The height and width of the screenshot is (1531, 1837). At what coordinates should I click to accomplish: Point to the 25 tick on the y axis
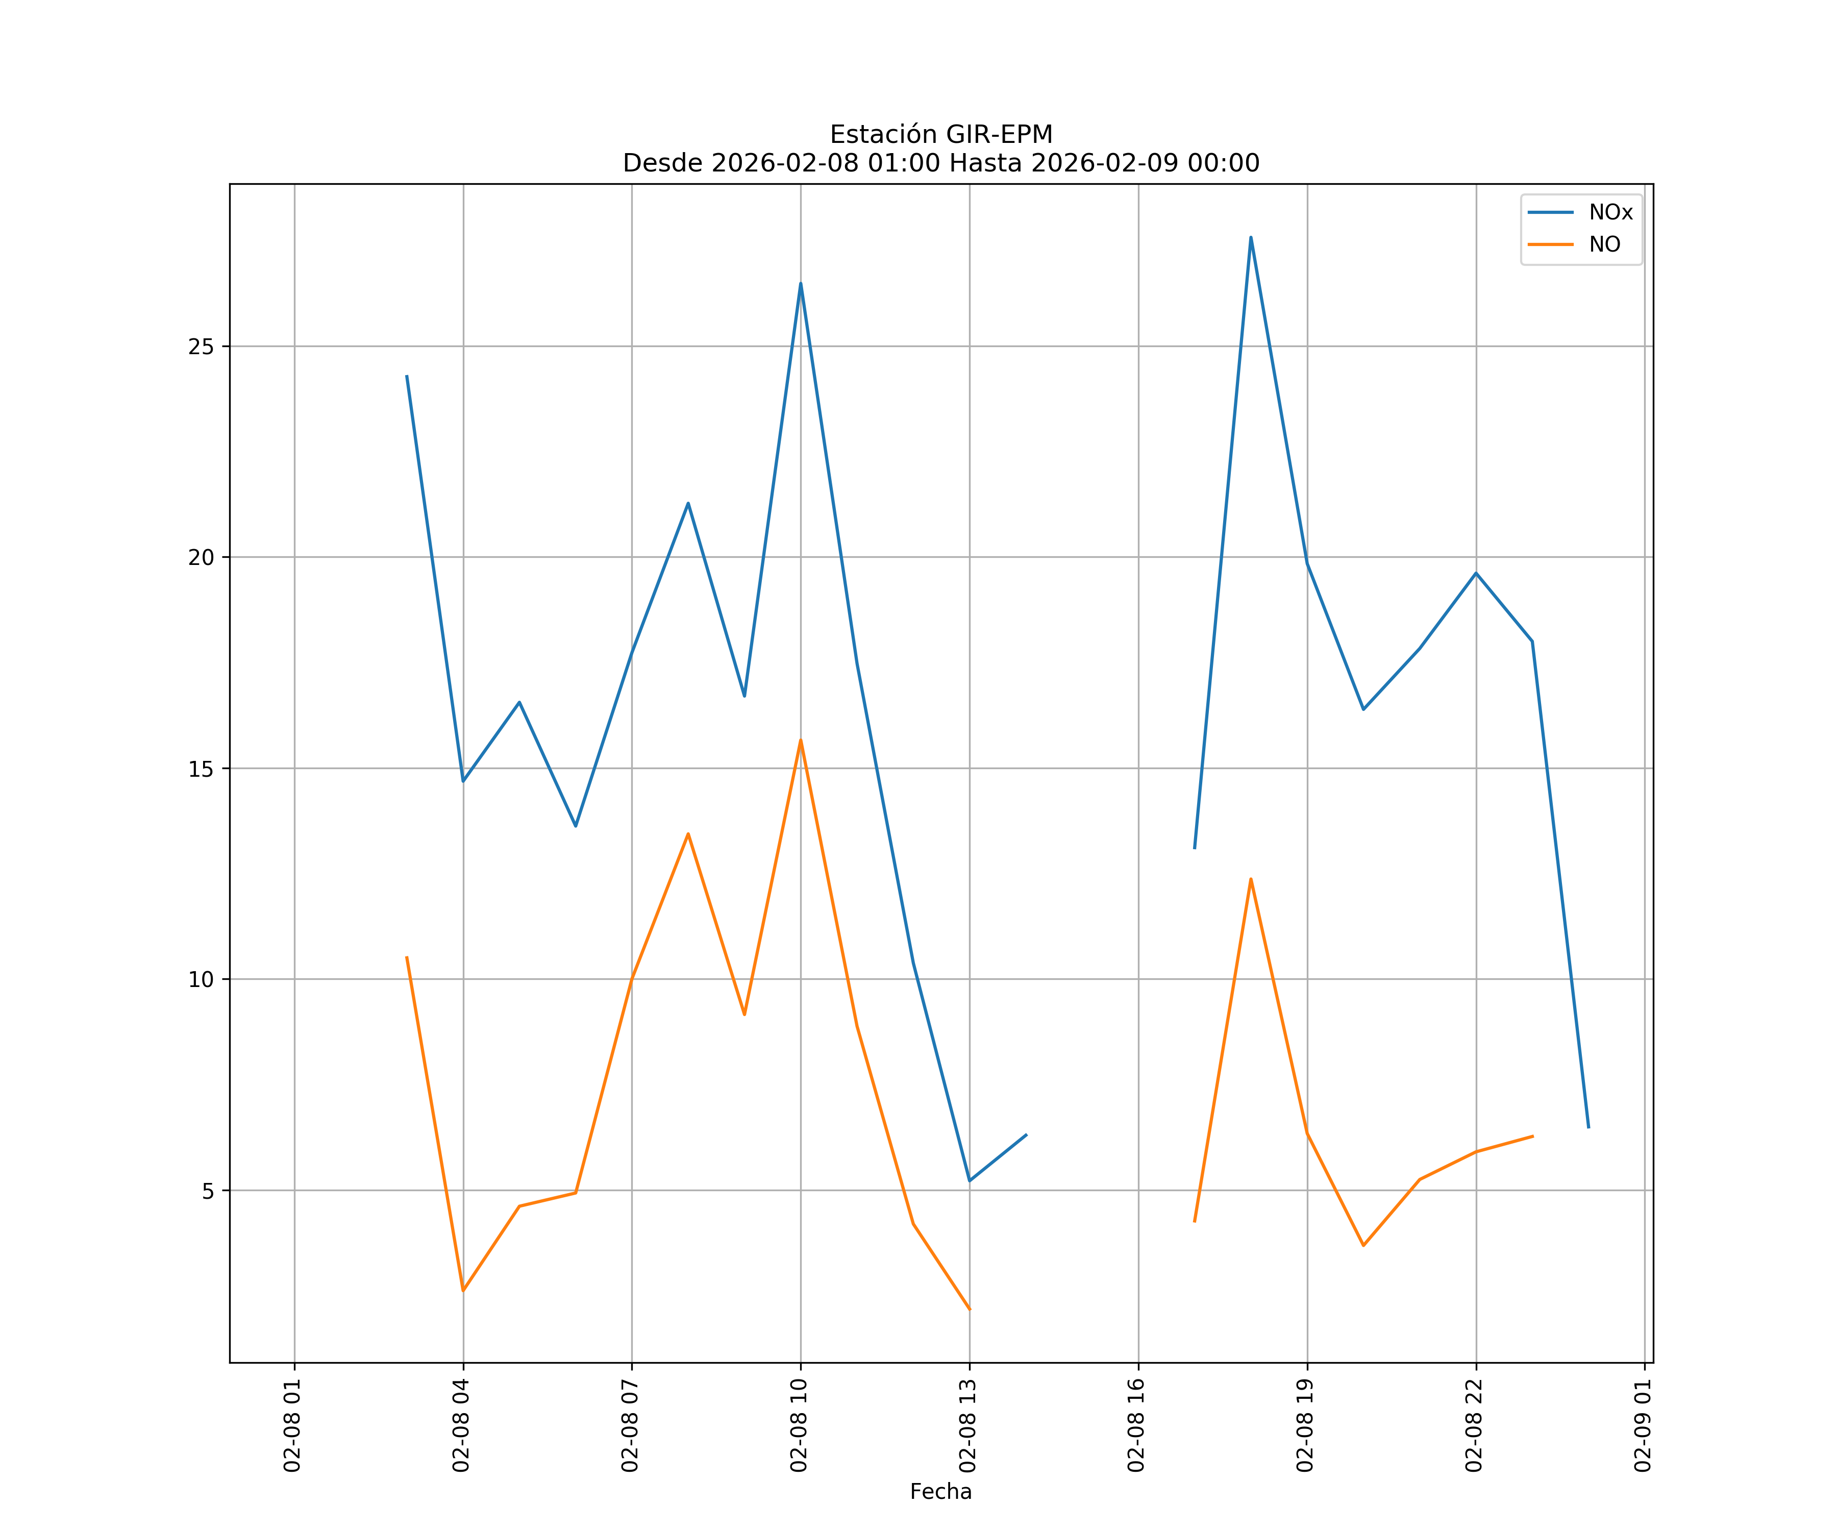(x=201, y=347)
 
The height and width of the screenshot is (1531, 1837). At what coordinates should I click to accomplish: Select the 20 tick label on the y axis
(x=201, y=557)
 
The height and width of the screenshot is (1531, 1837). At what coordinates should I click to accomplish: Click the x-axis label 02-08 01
(x=293, y=1425)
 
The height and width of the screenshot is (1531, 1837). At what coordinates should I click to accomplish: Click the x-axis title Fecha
(x=940, y=1492)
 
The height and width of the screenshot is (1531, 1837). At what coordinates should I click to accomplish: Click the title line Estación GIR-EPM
(x=940, y=135)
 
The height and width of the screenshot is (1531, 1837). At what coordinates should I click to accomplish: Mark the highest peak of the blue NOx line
(x=1251, y=237)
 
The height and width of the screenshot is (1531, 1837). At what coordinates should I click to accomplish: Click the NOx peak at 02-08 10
(x=801, y=283)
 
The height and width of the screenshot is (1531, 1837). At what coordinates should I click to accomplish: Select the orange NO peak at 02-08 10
(x=801, y=740)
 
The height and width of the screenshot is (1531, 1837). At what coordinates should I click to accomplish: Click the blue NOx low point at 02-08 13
(x=969, y=1181)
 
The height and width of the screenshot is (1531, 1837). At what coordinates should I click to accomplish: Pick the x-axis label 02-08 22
(x=1475, y=1425)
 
